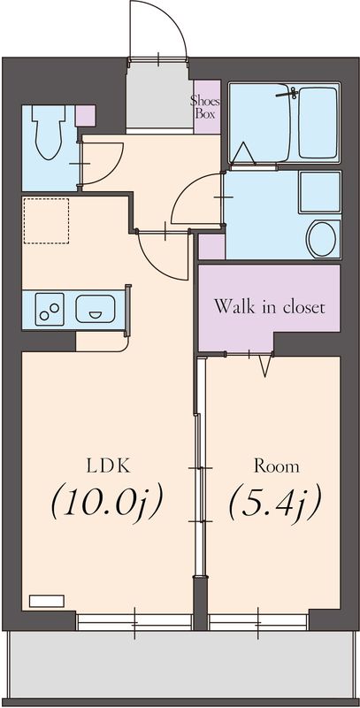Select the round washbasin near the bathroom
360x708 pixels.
pyautogui.click(x=322, y=238)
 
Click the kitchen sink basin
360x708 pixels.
pyautogui.click(x=95, y=310)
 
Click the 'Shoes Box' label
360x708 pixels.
pyautogui.click(x=206, y=106)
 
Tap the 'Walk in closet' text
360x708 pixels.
pyautogui.click(x=270, y=308)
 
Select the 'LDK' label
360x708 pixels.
pyautogui.click(x=103, y=466)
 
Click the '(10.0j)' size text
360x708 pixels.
pyautogui.click(x=107, y=504)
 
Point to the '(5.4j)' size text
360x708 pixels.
pyautogui.click(x=274, y=504)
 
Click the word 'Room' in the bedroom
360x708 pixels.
pyautogui.click(x=276, y=466)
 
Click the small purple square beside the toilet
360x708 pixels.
pyautogui.click(x=85, y=115)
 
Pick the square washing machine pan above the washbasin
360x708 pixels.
pyautogui.click(x=319, y=191)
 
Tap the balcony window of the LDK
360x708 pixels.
pyautogui.click(x=134, y=621)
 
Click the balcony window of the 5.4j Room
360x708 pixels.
pyautogui.click(x=258, y=621)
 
